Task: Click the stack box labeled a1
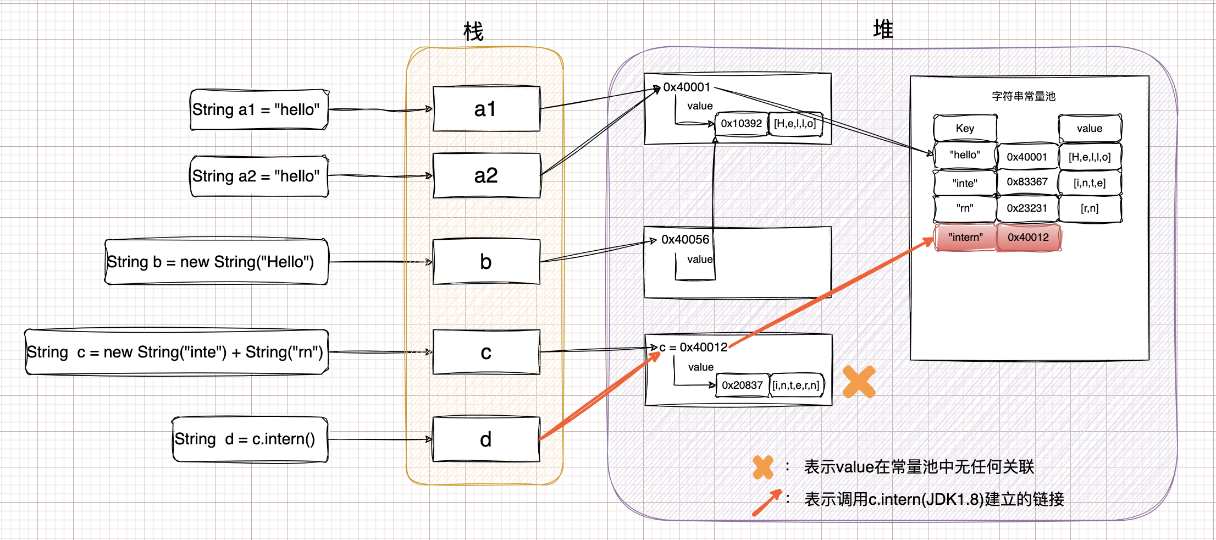tap(486, 109)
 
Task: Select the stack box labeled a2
tap(486, 175)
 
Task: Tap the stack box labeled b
tap(486, 262)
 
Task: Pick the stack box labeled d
tap(486, 439)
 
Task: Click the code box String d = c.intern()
tap(250, 439)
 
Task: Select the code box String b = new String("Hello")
tap(217, 262)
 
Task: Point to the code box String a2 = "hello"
tap(259, 176)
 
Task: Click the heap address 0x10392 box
tap(741, 124)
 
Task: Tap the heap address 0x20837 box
tap(742, 385)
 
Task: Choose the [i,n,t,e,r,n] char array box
tap(796, 385)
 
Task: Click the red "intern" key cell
tap(965, 238)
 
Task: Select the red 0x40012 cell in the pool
tap(1028, 238)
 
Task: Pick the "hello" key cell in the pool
tap(965, 155)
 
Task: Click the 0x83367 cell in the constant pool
tap(1027, 182)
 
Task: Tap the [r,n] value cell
tap(1090, 208)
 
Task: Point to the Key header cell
tap(965, 129)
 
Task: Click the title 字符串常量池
tap(1024, 96)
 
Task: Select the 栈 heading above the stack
tap(473, 31)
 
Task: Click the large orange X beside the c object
tap(859, 382)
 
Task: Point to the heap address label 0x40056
tap(686, 240)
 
